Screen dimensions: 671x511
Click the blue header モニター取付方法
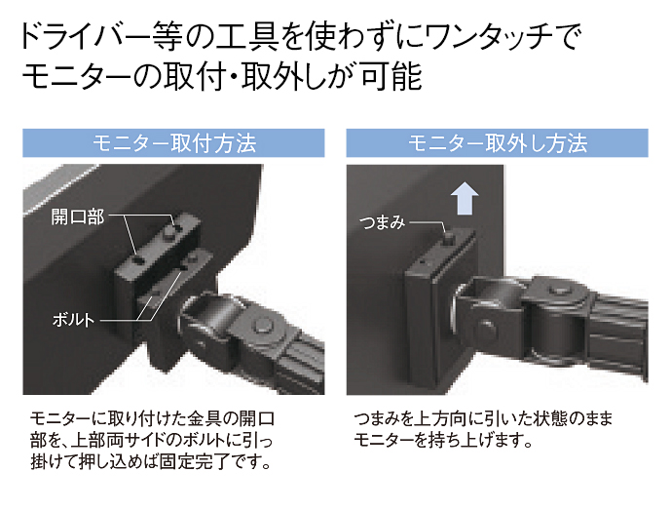(x=173, y=143)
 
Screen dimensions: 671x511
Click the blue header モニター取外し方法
(x=498, y=143)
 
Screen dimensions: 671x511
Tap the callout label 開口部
(x=78, y=216)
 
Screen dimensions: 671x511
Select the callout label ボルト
(x=73, y=320)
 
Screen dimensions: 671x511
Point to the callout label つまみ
(x=382, y=222)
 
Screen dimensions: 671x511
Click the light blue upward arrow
(x=465, y=198)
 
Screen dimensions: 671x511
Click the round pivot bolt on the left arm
(x=262, y=326)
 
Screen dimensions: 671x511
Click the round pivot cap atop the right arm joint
(x=559, y=291)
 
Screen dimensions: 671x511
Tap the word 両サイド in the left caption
(x=139, y=440)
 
